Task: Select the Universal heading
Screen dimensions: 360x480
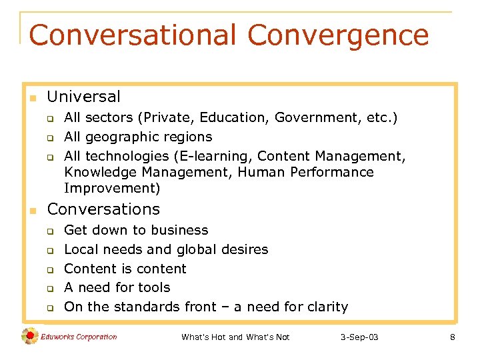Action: coord(84,97)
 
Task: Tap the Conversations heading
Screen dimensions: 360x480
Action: coord(103,209)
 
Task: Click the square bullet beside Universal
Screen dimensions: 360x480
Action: coord(31,98)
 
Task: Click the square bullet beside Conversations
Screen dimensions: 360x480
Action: coord(31,211)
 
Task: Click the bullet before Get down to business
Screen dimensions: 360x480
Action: coord(49,231)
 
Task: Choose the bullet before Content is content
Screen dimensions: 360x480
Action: coord(49,270)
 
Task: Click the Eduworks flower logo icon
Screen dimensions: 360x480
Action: coord(30,337)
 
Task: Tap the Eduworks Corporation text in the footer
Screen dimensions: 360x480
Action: coord(79,337)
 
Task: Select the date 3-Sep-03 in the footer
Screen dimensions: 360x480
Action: coord(359,337)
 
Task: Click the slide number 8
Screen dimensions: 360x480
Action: coord(453,337)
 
